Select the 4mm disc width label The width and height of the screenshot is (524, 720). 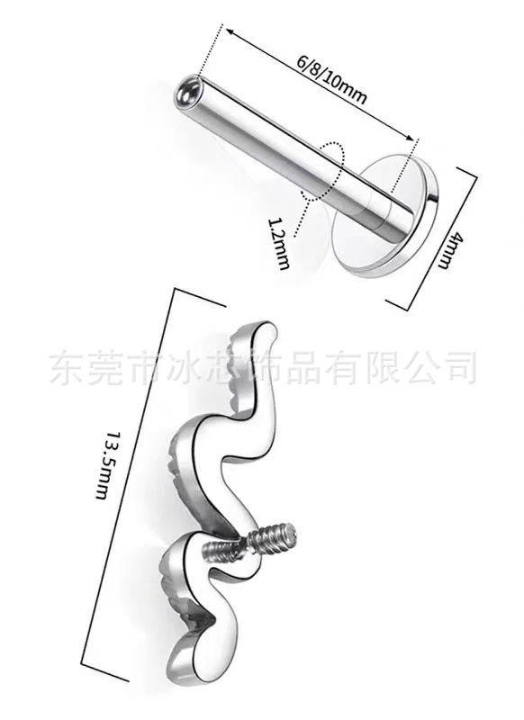click(450, 250)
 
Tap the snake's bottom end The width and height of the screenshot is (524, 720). click(184, 672)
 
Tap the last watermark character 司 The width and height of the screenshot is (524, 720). click(459, 367)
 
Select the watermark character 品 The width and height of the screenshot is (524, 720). click(303, 367)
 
